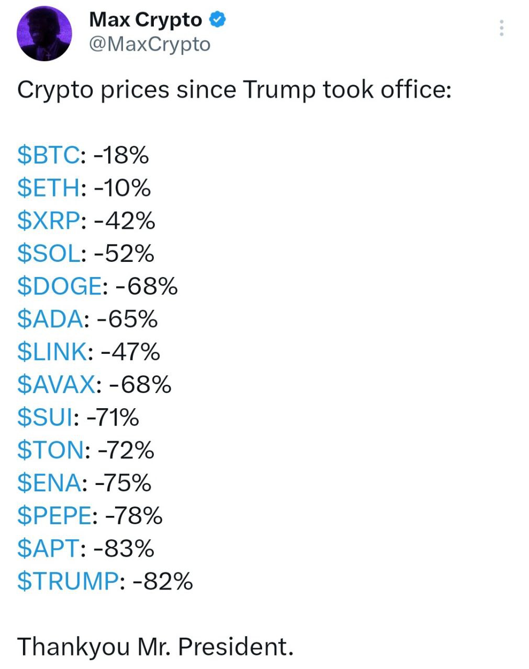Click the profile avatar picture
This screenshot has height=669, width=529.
click(x=44, y=34)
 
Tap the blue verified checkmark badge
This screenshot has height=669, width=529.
click(x=218, y=20)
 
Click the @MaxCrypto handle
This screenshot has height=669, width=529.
click(x=150, y=45)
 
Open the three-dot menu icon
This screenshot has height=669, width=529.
click(x=501, y=28)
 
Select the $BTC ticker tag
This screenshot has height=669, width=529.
click(x=49, y=155)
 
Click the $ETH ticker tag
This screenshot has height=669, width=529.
click(x=49, y=188)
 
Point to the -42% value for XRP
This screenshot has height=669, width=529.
click(x=125, y=221)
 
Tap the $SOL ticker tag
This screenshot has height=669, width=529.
click(x=49, y=254)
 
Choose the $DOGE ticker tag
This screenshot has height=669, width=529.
click(x=59, y=286)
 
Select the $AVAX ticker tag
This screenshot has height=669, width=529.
click(x=56, y=385)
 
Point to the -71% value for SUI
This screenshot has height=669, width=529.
click(x=112, y=418)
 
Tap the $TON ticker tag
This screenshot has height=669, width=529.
click(x=50, y=450)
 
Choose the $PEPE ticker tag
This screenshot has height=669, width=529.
click(x=54, y=516)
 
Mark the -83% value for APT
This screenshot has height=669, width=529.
click(x=124, y=548)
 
